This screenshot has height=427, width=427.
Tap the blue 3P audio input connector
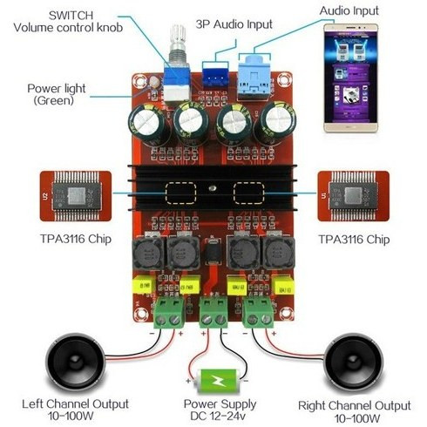[215, 75]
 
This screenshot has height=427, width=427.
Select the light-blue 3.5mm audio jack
[254, 78]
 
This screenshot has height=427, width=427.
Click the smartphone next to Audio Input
[350, 78]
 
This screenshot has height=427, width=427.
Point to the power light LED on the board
[154, 82]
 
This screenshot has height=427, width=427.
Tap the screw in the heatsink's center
[213, 188]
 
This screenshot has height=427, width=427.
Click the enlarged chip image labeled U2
[76, 196]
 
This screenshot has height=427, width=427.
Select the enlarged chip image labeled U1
[354, 196]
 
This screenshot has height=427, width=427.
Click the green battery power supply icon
[217, 381]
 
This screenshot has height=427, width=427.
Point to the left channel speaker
[75, 362]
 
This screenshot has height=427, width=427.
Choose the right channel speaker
[354, 363]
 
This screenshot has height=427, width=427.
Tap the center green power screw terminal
[213, 313]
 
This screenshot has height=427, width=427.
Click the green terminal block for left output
[168, 313]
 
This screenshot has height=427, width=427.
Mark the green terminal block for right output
[258, 312]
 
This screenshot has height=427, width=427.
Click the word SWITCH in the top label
[71, 16]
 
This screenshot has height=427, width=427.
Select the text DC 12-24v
[218, 416]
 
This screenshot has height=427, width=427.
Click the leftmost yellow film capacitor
[144, 285]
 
